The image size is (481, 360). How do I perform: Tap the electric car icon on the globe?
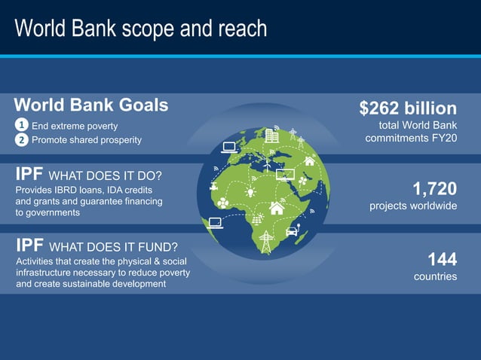coord(291,230)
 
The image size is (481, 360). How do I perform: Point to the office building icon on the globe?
coord(272,136)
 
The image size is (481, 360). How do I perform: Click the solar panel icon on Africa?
coord(258,218)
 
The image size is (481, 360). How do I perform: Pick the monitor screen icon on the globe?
coord(286,175)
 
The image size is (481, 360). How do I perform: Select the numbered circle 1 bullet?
coord(23,126)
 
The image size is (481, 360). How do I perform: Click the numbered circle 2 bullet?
coord(23,139)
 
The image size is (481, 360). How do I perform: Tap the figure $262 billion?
coord(408,108)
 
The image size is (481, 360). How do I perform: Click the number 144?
coord(442,260)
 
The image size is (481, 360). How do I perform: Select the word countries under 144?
coord(435,276)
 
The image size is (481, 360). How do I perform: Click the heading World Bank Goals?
coord(91,105)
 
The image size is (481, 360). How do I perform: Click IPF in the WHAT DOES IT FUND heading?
coord(29,246)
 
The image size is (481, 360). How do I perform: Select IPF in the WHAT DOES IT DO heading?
coord(29,175)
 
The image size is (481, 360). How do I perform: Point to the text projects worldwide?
coord(412,206)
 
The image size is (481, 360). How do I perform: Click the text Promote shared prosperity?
coord(86,140)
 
